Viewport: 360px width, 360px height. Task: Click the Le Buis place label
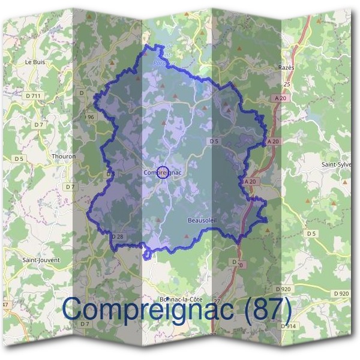[x=35, y=62]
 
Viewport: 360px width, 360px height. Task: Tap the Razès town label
[x=287, y=68]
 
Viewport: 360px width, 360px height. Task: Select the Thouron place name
[x=64, y=157]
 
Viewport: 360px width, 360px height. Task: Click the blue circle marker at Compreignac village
[x=162, y=173]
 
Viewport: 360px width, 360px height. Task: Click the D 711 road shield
[x=34, y=95]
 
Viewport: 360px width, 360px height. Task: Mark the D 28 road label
[x=117, y=237]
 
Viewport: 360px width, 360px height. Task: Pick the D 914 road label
[x=289, y=326]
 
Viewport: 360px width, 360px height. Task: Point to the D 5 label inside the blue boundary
[x=214, y=140]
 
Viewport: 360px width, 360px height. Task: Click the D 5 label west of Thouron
[x=19, y=158]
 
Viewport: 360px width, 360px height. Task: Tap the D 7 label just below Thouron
[x=71, y=187]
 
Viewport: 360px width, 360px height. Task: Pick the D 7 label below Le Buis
[x=39, y=124]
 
